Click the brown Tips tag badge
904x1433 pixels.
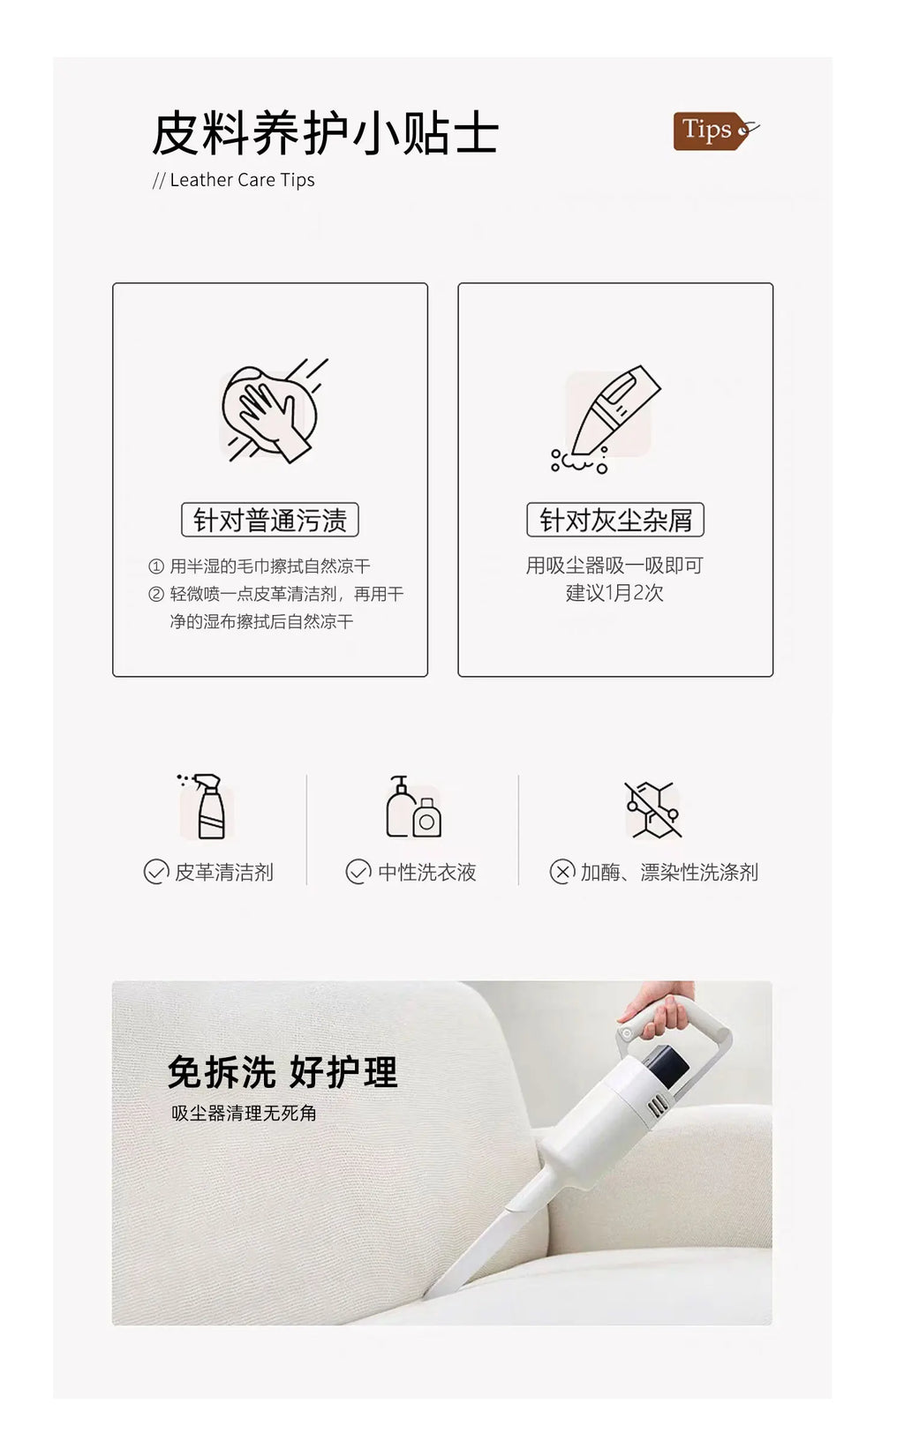point(715,131)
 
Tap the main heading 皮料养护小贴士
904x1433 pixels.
point(325,133)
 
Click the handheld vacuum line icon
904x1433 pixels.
point(605,419)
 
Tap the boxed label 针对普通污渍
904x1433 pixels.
point(269,520)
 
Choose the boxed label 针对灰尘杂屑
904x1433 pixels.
point(615,520)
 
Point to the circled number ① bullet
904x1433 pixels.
point(156,566)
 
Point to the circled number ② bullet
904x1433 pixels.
point(156,595)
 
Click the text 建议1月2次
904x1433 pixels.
point(614,593)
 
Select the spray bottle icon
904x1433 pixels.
point(204,807)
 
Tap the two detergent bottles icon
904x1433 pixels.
point(413,807)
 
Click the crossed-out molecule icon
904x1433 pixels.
point(653,809)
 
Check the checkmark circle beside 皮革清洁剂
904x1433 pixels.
point(156,872)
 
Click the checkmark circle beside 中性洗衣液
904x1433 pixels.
point(358,872)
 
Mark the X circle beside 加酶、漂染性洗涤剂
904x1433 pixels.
point(562,872)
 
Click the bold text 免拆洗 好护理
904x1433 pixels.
point(282,1072)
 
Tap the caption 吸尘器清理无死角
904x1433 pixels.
point(244,1114)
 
